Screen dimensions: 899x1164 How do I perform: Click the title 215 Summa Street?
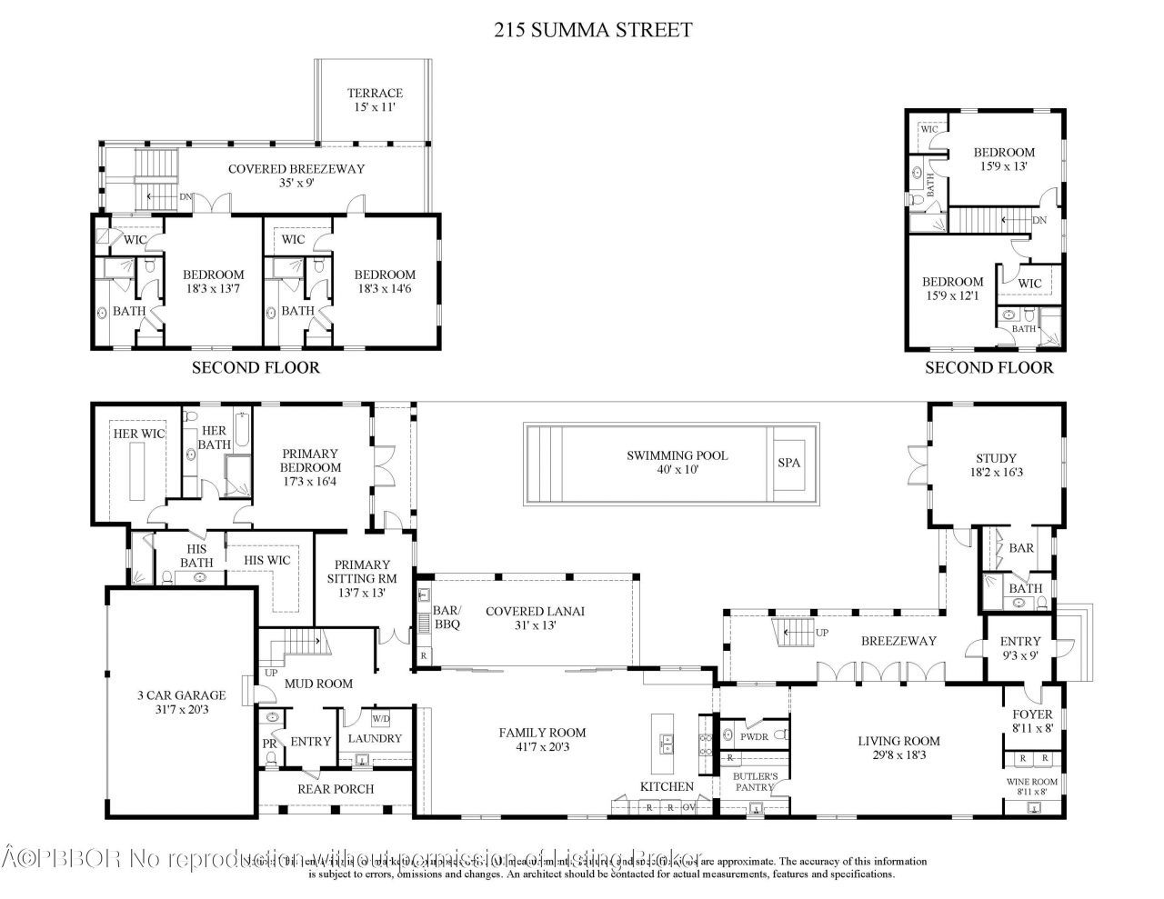pos(592,29)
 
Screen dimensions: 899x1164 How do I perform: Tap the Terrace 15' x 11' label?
pos(374,100)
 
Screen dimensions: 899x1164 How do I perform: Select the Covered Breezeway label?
pos(296,175)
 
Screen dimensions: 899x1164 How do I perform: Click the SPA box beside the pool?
pos(789,463)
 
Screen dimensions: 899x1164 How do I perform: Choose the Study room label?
pos(996,465)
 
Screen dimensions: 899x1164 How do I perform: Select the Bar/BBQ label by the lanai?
pos(446,618)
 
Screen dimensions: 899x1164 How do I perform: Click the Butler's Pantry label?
pos(756,782)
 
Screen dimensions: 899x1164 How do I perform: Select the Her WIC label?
pos(139,434)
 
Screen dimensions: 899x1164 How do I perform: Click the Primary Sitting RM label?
pos(361,578)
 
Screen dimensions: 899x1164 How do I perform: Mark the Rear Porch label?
pos(335,788)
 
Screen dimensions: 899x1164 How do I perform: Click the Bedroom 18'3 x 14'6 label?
pos(385,281)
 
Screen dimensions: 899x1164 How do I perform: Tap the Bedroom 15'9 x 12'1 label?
pos(952,289)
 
